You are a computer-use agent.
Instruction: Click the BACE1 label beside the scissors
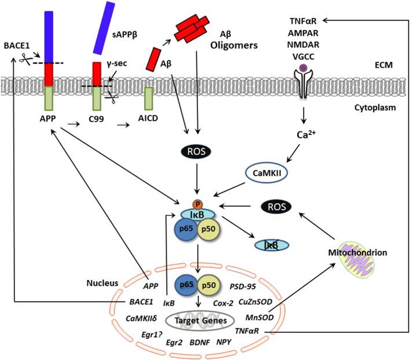pyautogui.click(x=15, y=44)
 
